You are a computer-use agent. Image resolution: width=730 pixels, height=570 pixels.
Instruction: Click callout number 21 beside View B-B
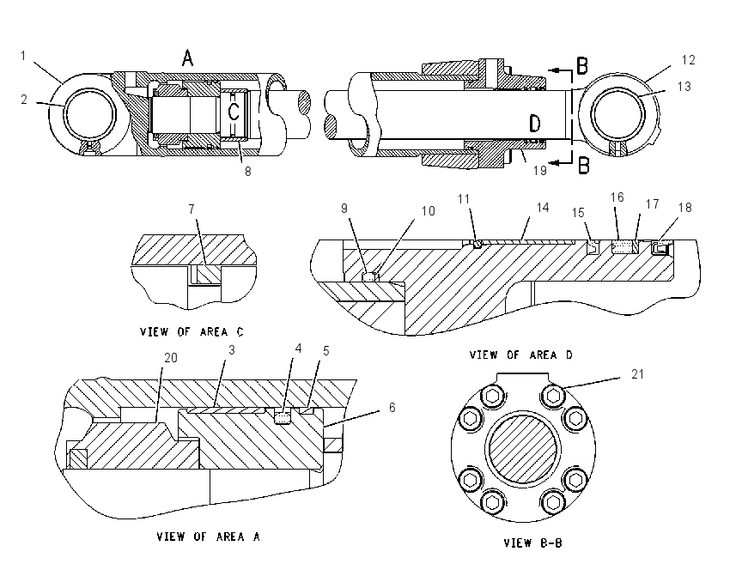637,374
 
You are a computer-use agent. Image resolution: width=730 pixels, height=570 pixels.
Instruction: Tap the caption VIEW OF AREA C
192,331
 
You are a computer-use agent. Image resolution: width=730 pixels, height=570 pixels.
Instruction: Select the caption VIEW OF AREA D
521,355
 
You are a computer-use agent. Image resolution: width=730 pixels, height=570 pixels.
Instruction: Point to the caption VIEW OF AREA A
208,537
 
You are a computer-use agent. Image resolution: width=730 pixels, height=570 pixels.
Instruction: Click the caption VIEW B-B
533,543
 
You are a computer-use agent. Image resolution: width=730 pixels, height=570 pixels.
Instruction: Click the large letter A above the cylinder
187,58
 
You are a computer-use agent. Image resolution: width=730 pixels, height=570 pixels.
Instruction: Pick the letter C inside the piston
234,112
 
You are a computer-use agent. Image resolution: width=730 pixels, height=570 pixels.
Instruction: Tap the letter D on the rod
535,124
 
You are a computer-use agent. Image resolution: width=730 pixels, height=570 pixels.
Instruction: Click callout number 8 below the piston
248,172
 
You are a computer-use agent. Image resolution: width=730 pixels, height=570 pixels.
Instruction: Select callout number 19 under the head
539,171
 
